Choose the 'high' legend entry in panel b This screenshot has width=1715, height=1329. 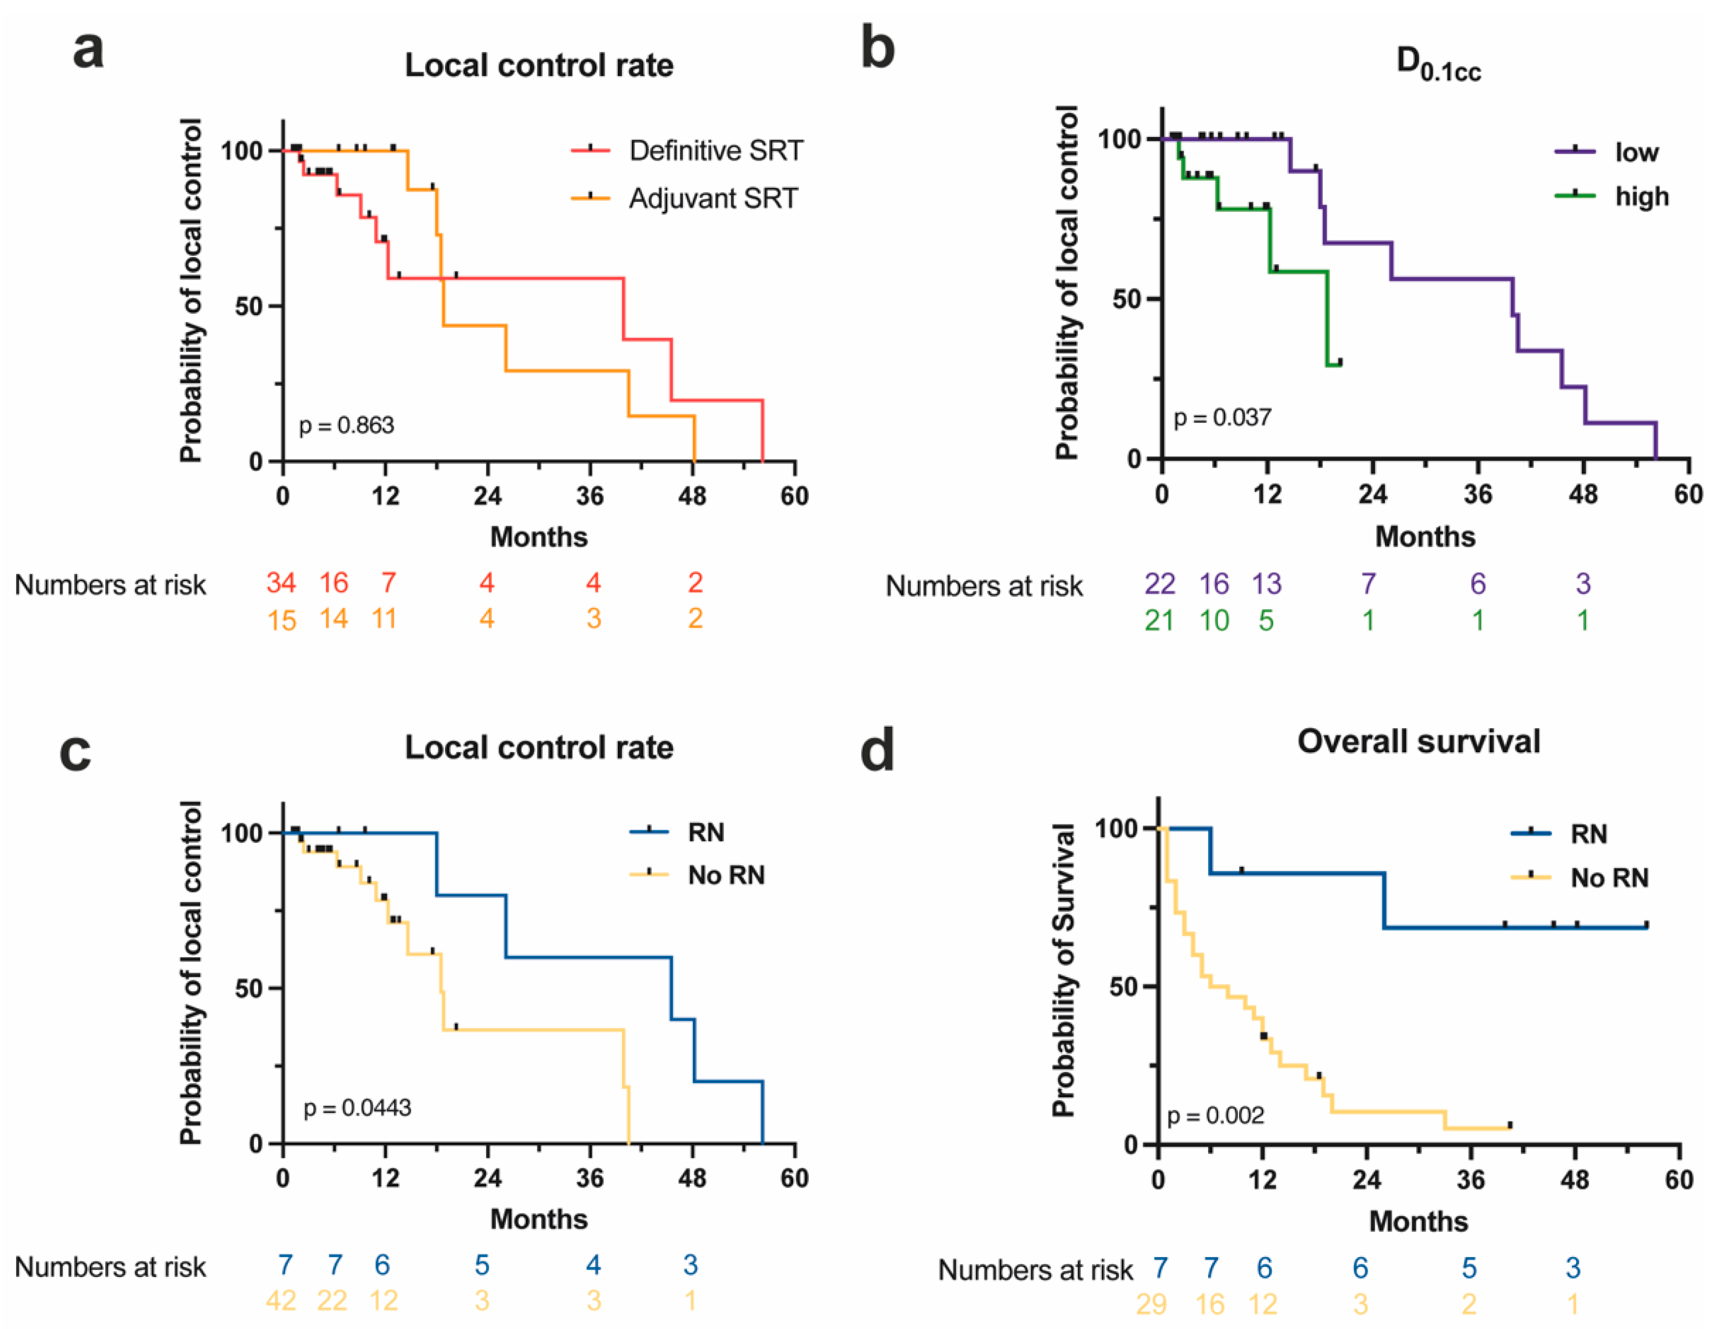(1641, 196)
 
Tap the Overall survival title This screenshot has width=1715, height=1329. (1418, 741)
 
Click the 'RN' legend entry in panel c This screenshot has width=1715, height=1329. (705, 832)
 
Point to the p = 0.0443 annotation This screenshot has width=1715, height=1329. (357, 1108)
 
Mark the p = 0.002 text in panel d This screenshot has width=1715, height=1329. (1215, 1116)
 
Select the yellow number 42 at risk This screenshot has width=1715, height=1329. (281, 1301)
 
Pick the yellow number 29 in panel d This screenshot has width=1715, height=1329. (1151, 1304)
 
